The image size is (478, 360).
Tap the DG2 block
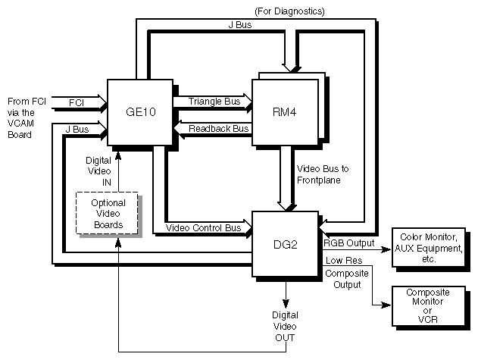pos(284,245)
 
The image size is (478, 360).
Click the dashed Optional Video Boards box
pos(108,213)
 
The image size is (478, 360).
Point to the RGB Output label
pos(349,243)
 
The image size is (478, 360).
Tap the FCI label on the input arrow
pos(77,102)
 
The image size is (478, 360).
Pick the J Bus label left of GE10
pos(77,130)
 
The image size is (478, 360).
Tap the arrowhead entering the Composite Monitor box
pos(386,305)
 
